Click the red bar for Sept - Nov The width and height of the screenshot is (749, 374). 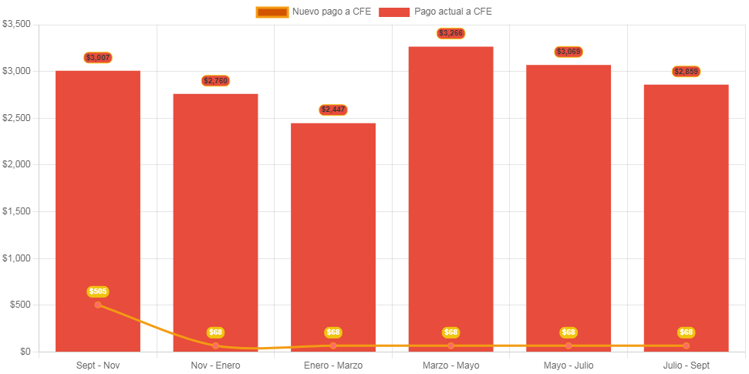[x=98, y=193]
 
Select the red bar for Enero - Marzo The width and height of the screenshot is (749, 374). [x=333, y=231]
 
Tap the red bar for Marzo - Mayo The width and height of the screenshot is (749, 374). [x=450, y=193]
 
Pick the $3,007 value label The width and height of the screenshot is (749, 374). [x=98, y=58]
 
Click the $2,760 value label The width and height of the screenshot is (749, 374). [x=216, y=81]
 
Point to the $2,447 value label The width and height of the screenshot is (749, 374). [x=333, y=110]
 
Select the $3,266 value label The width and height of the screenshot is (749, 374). [x=450, y=33]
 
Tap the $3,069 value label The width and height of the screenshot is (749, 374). [x=568, y=52]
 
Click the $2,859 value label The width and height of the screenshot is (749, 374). [x=686, y=72]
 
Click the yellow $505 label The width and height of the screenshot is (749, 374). [x=98, y=291]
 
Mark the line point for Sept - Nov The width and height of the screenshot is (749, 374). [x=98, y=305]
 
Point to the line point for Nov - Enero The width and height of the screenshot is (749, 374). [x=216, y=345]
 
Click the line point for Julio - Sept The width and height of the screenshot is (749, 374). [x=686, y=345]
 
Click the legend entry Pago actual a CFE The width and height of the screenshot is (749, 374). [x=436, y=12]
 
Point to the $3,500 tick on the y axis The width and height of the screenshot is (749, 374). [x=16, y=24]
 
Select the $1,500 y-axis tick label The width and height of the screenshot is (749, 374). [x=16, y=211]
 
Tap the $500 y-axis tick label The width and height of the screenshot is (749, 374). [x=19, y=305]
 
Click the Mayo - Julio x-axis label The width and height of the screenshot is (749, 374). [x=568, y=365]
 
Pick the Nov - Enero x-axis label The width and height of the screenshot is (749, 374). [x=216, y=365]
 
